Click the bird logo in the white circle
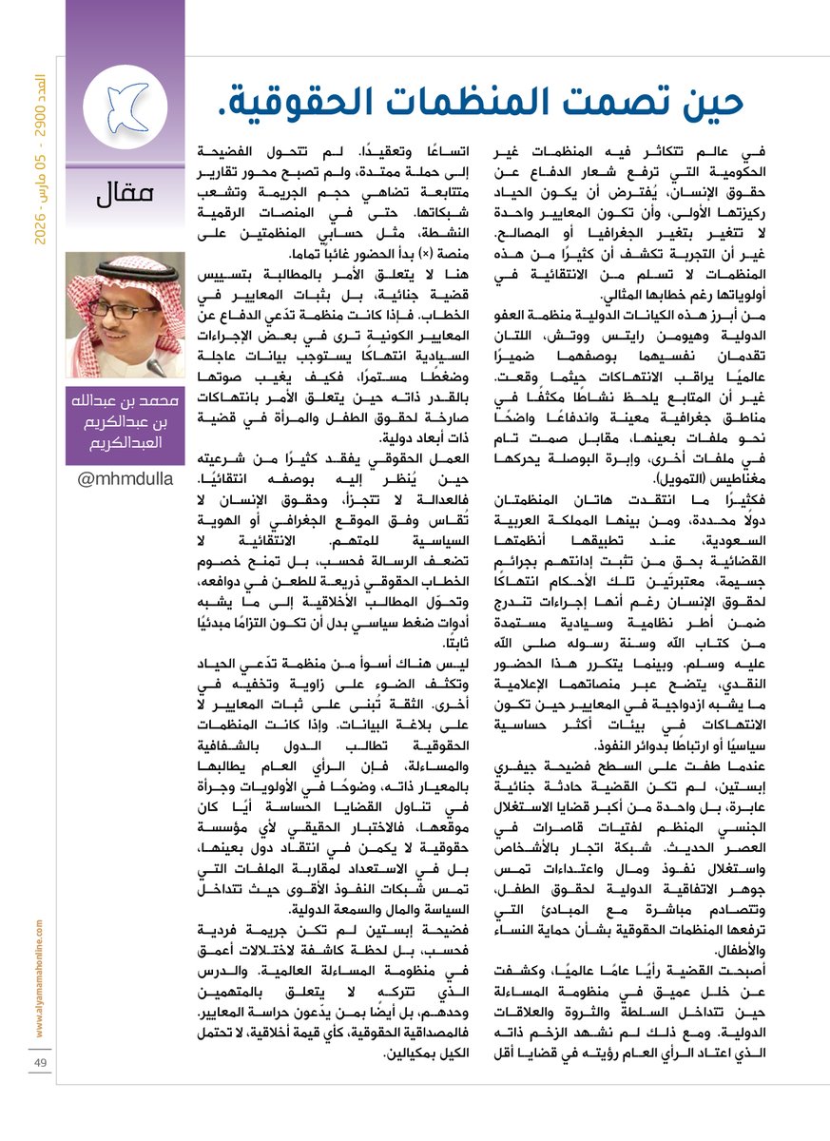125,101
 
